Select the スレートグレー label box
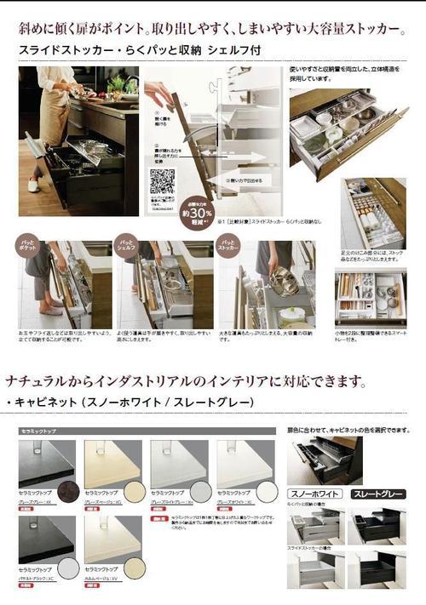373,494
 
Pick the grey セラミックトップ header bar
146,431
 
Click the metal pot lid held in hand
284,280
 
